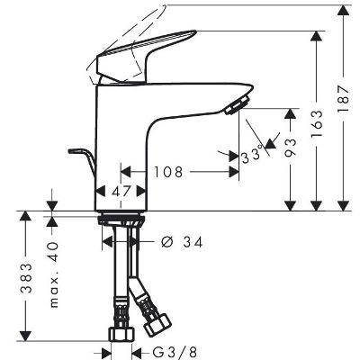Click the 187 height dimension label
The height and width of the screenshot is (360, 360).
(344, 99)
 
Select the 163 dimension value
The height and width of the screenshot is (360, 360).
(317, 123)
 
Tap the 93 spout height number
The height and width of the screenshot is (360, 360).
(291, 148)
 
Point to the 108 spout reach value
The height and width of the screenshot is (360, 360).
(168, 172)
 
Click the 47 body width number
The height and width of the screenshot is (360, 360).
(121, 191)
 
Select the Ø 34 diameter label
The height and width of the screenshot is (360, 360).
(182, 242)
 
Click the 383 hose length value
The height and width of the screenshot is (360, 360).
(26, 278)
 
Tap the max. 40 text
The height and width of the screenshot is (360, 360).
(53, 274)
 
